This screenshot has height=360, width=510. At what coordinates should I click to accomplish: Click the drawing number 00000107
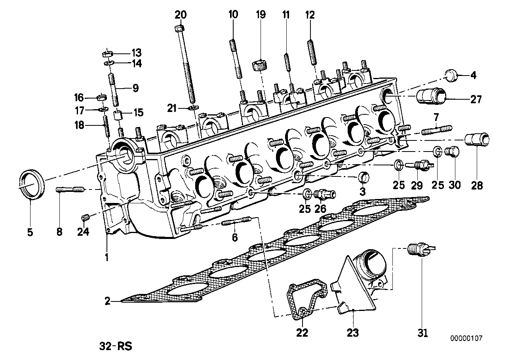(466, 339)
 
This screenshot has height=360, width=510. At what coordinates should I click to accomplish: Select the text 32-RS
(115, 347)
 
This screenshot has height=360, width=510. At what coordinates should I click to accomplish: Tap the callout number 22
(302, 333)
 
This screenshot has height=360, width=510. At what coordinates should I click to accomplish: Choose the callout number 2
(107, 301)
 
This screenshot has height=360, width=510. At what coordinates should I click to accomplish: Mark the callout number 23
(353, 333)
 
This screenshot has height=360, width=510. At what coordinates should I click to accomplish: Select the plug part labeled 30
(453, 152)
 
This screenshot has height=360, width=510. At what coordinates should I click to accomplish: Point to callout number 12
(310, 15)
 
